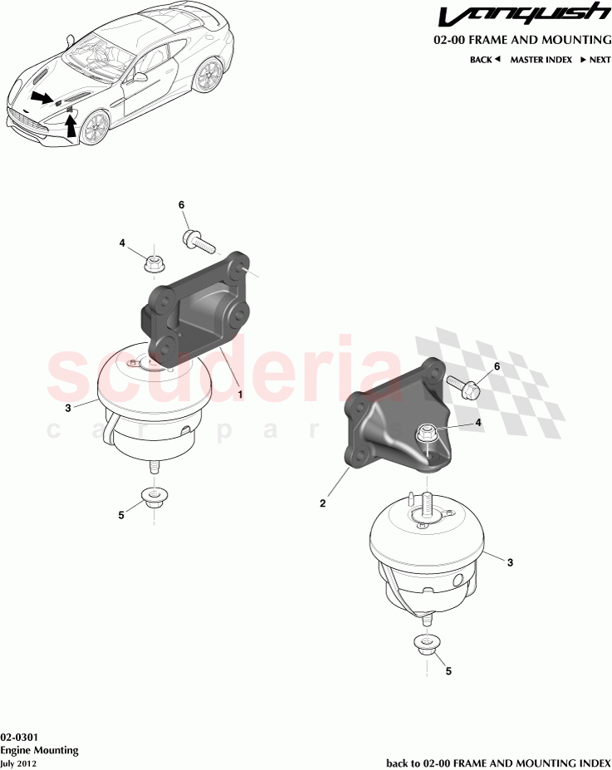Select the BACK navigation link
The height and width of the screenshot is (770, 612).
point(485,60)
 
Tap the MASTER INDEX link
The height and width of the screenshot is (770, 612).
point(541,60)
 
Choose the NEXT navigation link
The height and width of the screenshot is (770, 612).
point(595,60)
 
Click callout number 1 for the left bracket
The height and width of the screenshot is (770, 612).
point(240,395)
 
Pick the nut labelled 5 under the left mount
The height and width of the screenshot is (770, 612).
point(153,498)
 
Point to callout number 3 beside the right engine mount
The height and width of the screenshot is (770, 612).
point(510,563)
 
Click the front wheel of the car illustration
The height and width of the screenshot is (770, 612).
point(94,126)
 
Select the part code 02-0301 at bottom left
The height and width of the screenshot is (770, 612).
point(17,737)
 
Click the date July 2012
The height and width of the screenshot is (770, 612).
point(18,763)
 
